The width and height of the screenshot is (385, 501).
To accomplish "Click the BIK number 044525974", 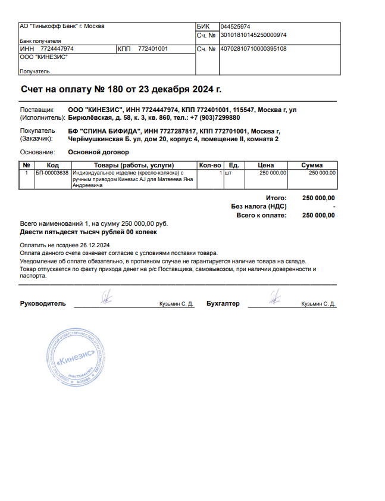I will click(235, 27).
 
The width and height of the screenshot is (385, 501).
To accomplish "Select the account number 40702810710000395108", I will click(253, 49).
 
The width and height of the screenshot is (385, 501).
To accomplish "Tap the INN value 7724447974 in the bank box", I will click(57, 49).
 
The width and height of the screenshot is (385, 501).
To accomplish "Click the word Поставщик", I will click(37, 110).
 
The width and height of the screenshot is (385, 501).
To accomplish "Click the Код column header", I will click(52, 165).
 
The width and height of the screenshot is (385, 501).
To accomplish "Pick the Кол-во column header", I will click(210, 165).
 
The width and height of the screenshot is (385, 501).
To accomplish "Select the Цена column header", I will click(265, 165).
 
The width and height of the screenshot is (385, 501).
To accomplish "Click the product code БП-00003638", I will click(52, 173).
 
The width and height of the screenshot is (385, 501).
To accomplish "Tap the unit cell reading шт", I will click(227, 173).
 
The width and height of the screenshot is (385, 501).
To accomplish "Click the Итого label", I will click(276, 198).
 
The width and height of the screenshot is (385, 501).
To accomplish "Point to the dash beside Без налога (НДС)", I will click(333, 207).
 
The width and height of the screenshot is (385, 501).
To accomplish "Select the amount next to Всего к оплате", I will click(318, 216).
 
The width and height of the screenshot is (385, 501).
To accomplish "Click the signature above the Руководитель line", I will click(105, 296).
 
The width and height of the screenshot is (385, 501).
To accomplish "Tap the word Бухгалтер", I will click(223, 304).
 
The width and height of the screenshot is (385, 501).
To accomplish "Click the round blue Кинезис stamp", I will click(76, 357).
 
